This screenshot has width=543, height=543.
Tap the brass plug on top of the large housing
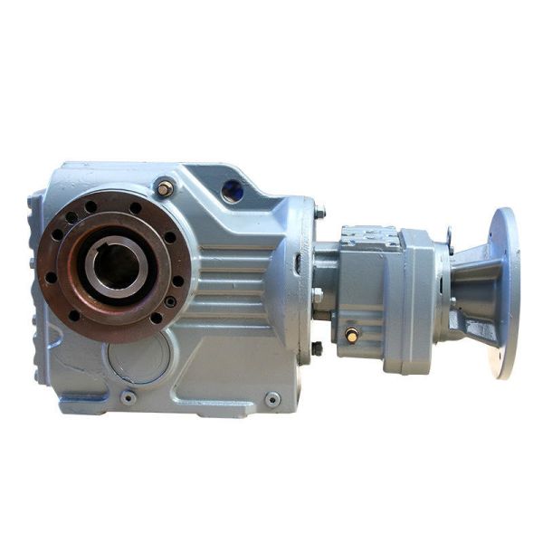point(166,188)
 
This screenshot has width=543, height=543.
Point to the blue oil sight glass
point(233,191)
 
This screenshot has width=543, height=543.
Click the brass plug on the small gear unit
point(351,335)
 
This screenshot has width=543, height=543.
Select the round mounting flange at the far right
point(504,291)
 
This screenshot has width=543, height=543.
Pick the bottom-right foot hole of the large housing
point(271,398)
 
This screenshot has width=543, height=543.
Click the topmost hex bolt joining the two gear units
point(319,213)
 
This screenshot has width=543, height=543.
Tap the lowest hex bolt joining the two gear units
point(318,348)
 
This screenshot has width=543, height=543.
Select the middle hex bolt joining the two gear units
point(318,294)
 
